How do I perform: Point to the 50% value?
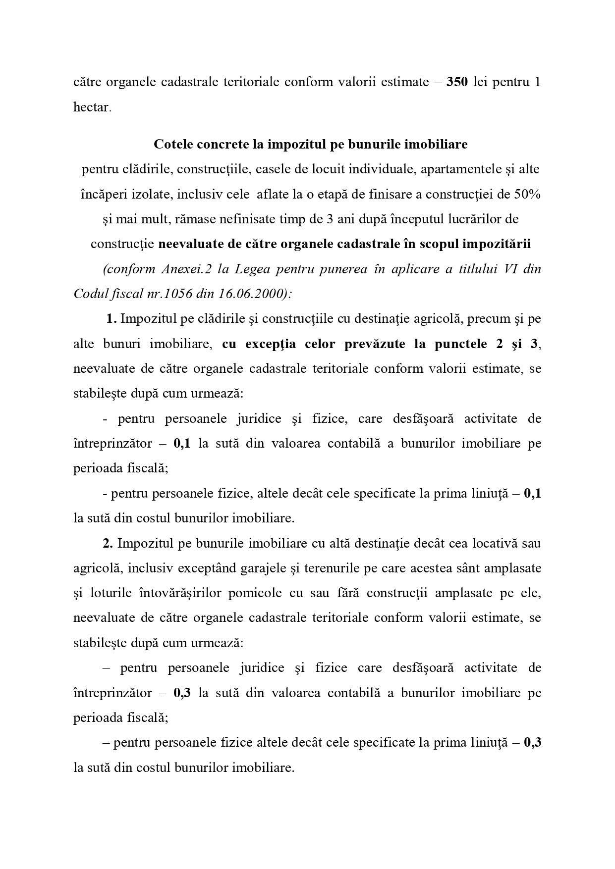(527, 194)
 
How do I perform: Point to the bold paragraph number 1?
(111, 319)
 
